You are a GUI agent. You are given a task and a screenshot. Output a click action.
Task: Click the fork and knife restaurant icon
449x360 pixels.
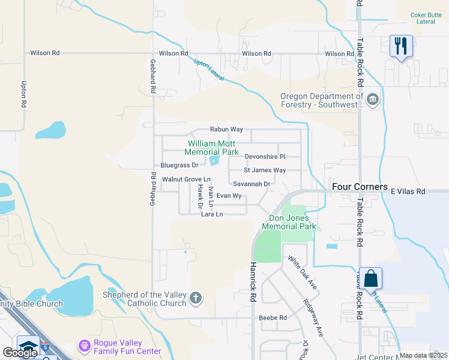click(401, 46)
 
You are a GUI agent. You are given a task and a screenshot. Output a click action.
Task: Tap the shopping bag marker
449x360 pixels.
click(370, 278)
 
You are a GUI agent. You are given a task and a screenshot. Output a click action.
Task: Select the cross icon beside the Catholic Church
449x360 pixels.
click(195, 298)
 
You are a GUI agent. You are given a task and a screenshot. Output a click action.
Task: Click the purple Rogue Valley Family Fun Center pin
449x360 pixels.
click(84, 346)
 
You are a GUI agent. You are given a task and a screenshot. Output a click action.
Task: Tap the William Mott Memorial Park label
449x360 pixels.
click(213, 148)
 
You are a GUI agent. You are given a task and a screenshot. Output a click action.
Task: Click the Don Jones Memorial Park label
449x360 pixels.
click(289, 222)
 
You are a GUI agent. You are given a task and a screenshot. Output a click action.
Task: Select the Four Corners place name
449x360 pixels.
click(360, 187)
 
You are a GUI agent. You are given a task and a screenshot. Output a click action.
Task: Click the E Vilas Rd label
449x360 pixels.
click(408, 191)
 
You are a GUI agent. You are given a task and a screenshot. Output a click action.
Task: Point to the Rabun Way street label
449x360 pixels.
click(226, 129)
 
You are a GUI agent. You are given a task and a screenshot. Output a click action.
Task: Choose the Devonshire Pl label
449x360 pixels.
click(265, 157)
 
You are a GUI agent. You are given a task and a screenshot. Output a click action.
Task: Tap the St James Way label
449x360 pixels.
click(265, 170)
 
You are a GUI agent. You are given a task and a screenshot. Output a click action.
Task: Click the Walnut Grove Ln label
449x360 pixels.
click(186, 179)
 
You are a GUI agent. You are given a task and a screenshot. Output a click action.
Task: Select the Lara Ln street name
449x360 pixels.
click(212, 214)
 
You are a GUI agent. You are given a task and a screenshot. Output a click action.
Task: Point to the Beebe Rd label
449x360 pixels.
click(273, 317)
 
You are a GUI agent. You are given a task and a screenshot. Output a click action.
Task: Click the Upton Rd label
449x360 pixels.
click(24, 94)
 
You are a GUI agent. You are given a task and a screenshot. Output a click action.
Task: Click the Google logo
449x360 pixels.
click(20, 353)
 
